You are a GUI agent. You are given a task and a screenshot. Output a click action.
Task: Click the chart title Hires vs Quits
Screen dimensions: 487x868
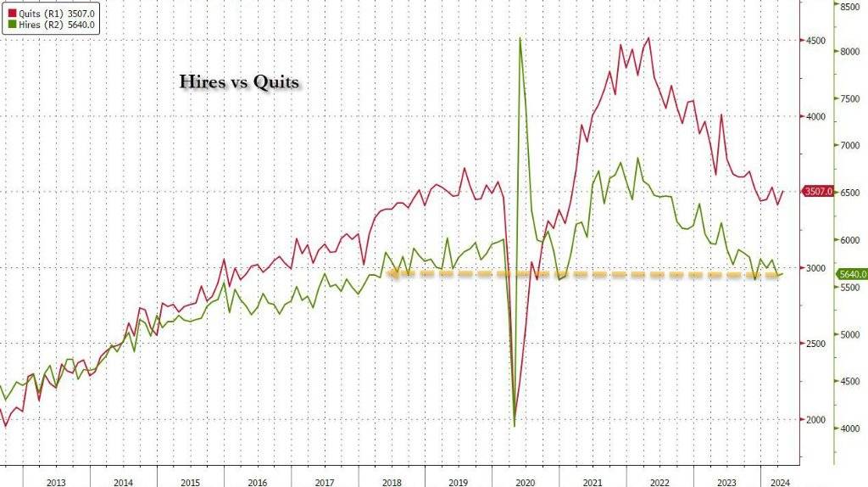pos(238,82)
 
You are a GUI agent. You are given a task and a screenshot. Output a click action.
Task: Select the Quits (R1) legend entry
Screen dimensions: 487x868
pos(51,13)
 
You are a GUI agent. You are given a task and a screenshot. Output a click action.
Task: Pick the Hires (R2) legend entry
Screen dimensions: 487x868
pos(51,26)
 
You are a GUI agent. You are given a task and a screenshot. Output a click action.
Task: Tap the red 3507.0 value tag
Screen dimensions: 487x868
pos(818,192)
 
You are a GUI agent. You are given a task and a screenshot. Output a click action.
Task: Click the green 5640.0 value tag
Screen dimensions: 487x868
pos(850,274)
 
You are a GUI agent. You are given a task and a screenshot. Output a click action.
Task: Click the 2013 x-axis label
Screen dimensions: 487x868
pos(56,482)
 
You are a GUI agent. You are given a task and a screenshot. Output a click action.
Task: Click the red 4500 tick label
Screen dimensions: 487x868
pos(815,41)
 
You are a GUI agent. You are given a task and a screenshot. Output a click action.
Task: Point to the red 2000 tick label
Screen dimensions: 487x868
pos(815,419)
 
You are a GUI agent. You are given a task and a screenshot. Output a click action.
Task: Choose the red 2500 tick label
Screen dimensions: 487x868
pos(815,344)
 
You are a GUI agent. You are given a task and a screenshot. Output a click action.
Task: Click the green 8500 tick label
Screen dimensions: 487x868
pos(850,7)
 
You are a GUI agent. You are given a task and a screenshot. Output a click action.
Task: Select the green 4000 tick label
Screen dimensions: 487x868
pos(850,428)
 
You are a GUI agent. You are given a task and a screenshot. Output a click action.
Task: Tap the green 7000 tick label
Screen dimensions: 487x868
pos(850,146)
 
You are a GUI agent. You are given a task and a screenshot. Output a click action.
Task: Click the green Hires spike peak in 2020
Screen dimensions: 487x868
pos(519,38)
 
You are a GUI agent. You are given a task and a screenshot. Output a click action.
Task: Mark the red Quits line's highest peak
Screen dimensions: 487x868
pos(648,38)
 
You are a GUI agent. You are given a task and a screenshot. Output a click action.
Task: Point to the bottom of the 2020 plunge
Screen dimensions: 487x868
pos(515,425)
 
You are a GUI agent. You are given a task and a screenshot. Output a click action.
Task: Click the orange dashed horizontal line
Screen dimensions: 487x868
pos(593,273)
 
